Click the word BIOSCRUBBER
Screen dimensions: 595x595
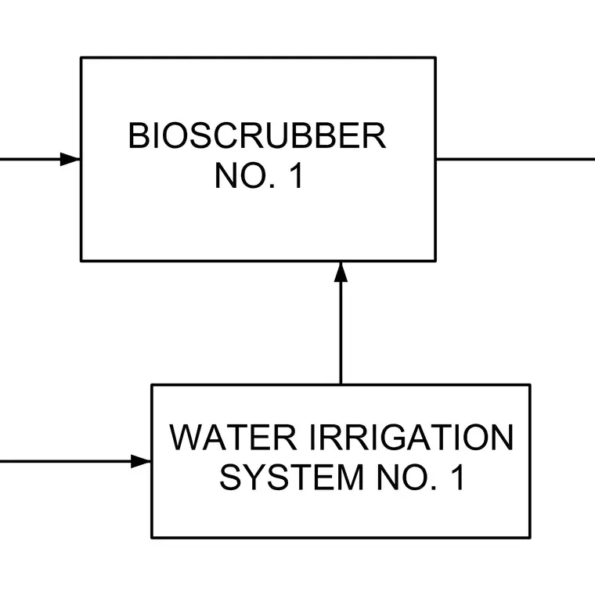(258, 136)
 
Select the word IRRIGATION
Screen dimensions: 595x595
(412, 438)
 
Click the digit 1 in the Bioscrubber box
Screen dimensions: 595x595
(297, 175)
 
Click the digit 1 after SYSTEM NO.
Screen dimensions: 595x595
(458, 478)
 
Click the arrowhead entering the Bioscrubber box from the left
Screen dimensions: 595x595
(70, 160)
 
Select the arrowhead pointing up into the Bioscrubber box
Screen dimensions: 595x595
(341, 272)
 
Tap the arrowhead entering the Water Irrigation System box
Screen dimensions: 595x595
(141, 461)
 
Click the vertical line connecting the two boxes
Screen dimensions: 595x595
(341, 323)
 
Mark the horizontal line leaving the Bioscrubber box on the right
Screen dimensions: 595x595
(515, 160)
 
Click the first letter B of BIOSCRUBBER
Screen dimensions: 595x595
(138, 136)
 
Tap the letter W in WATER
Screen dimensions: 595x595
(186, 438)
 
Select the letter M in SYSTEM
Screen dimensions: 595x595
(352, 478)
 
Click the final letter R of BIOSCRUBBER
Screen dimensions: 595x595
(375, 136)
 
